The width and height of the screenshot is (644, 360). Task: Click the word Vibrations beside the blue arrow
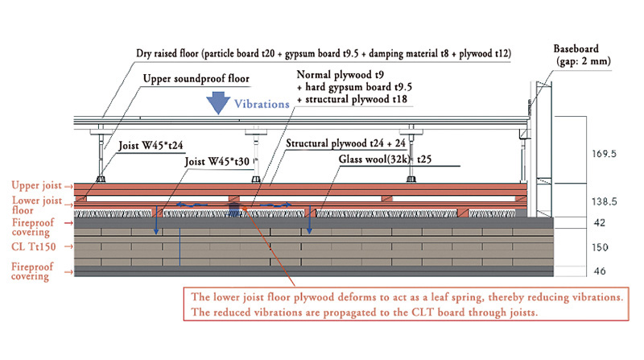pyautogui.click(x=262, y=105)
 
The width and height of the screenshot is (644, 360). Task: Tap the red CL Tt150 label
pyautogui.click(x=33, y=247)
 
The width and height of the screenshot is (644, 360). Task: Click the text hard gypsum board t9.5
pyautogui.click(x=354, y=87)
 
